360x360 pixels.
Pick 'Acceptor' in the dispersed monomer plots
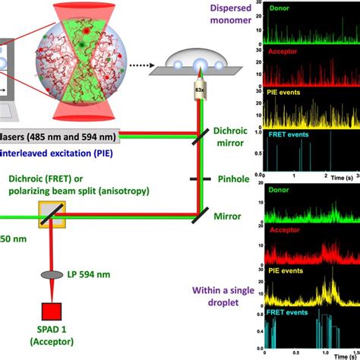click(x=281, y=52)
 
